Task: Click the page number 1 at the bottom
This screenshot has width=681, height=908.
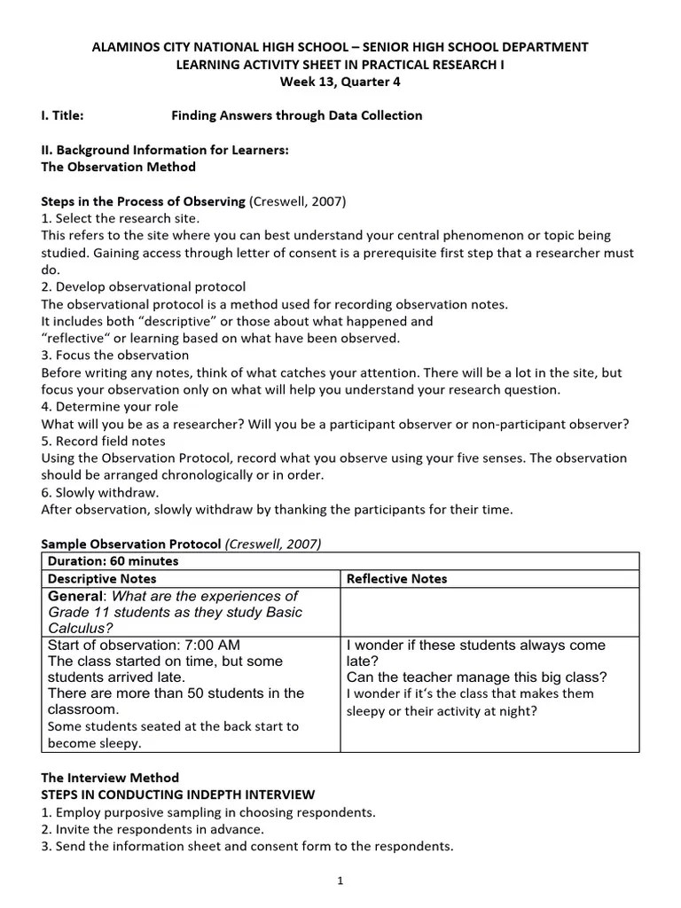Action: (340, 881)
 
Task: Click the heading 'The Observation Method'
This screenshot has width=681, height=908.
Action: (119, 167)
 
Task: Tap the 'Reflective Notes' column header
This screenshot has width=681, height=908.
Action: (396, 578)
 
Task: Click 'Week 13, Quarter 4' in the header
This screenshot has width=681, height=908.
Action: (340, 82)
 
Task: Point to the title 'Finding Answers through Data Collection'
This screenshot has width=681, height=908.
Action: (296, 115)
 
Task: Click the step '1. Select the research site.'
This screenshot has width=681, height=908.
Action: (121, 218)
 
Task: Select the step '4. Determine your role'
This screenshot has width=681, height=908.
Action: (110, 406)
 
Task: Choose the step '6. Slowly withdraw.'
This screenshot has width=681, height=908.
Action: (100, 492)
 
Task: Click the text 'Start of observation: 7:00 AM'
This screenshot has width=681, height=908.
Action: (144, 645)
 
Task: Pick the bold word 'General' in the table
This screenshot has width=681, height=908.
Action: (75, 596)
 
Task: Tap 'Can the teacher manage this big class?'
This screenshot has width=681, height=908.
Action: (476, 677)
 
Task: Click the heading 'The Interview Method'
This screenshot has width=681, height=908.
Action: (110, 777)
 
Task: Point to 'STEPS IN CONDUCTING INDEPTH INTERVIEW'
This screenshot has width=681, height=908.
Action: (177, 794)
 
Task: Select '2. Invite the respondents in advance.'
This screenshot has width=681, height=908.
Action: (153, 829)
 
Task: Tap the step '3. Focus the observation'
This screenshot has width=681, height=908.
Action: (115, 355)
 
